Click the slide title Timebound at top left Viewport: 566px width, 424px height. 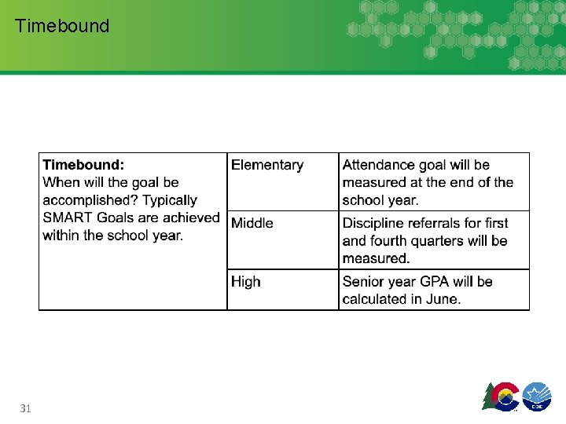[62, 26]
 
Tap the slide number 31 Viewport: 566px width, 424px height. [25, 408]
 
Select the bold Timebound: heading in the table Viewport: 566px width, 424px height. [83, 165]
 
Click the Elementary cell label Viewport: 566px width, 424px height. [266, 165]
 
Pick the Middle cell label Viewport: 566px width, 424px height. [252, 223]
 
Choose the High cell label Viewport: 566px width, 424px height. [245, 281]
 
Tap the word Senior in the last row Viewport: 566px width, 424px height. [363, 281]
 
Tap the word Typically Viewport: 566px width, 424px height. [170, 200]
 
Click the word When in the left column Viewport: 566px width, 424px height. [61, 182]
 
